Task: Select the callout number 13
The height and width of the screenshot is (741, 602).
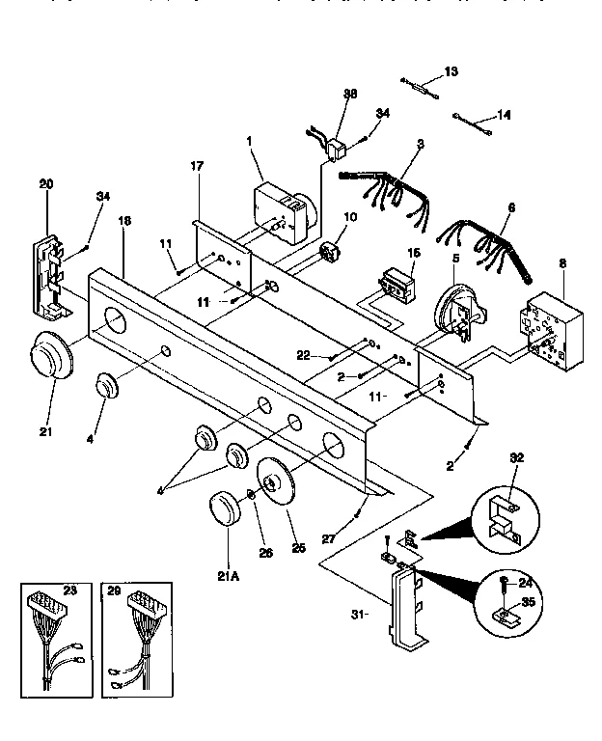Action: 451,71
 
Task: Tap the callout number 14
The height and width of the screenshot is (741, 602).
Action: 504,114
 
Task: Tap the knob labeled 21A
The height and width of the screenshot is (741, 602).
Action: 223,510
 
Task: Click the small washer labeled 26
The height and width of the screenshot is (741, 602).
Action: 250,495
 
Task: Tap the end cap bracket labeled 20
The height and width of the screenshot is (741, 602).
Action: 49,274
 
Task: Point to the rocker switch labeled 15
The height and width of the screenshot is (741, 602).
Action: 394,284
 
